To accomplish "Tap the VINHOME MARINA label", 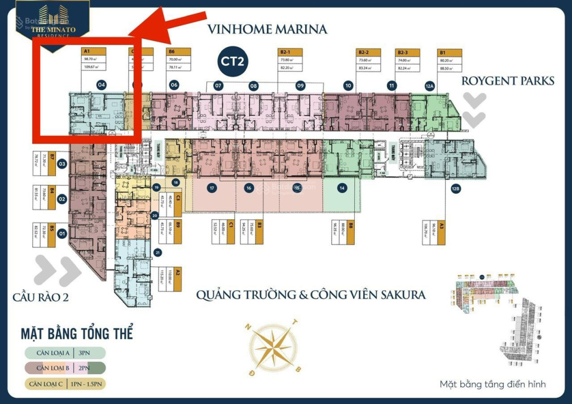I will point(267,29).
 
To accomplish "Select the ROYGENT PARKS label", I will point(508,81).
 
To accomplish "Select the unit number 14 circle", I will point(341,188).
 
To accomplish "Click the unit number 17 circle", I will point(212,188).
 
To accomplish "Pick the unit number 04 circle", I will point(102,85).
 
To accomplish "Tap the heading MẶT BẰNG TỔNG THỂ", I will point(77,333).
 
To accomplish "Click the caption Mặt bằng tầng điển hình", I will point(492,385).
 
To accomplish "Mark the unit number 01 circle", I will point(62,233).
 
